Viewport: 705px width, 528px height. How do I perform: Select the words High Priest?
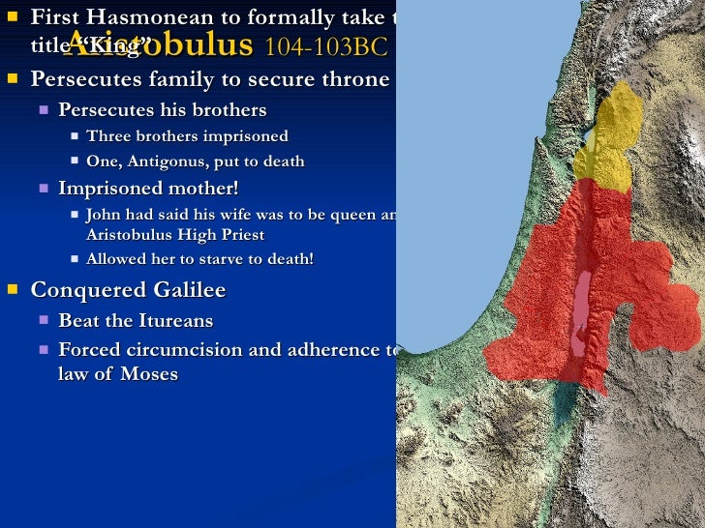[225, 235]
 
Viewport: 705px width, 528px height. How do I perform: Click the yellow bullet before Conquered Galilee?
[11, 289]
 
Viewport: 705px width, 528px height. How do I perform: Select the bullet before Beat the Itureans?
[44, 319]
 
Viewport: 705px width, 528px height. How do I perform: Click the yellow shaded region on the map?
[607, 140]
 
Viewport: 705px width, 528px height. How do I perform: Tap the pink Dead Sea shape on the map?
[581, 305]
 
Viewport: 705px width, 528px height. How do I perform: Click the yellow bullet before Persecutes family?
[11, 77]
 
